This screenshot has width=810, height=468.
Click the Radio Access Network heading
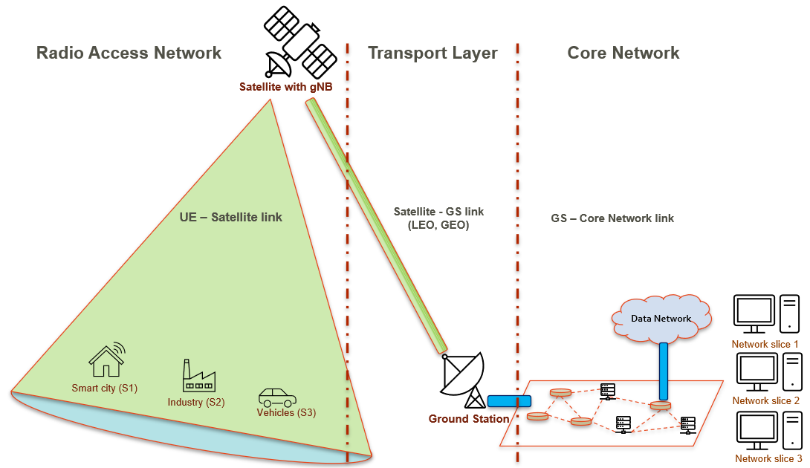click(x=129, y=53)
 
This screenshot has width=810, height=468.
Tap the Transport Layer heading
click(x=432, y=53)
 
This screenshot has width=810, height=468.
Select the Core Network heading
click(x=623, y=53)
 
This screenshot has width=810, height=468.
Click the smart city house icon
click(x=106, y=361)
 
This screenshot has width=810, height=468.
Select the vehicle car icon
click(x=276, y=396)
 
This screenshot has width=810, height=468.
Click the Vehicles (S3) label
click(x=286, y=413)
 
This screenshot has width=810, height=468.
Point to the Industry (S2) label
click(x=196, y=402)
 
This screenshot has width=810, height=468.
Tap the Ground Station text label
click(x=468, y=419)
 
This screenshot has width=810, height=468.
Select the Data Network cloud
click(x=661, y=318)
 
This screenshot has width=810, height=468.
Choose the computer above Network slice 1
click(x=765, y=314)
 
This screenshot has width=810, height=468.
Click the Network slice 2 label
click(x=765, y=401)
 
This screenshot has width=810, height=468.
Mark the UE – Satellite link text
click(x=231, y=218)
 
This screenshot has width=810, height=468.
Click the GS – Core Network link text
click(x=612, y=218)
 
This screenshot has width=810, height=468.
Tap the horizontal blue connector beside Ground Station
click(x=509, y=401)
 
